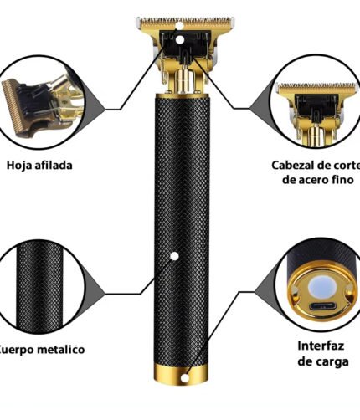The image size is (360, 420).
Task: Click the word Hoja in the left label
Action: (23, 165)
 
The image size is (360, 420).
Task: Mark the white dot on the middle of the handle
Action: (174, 254)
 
